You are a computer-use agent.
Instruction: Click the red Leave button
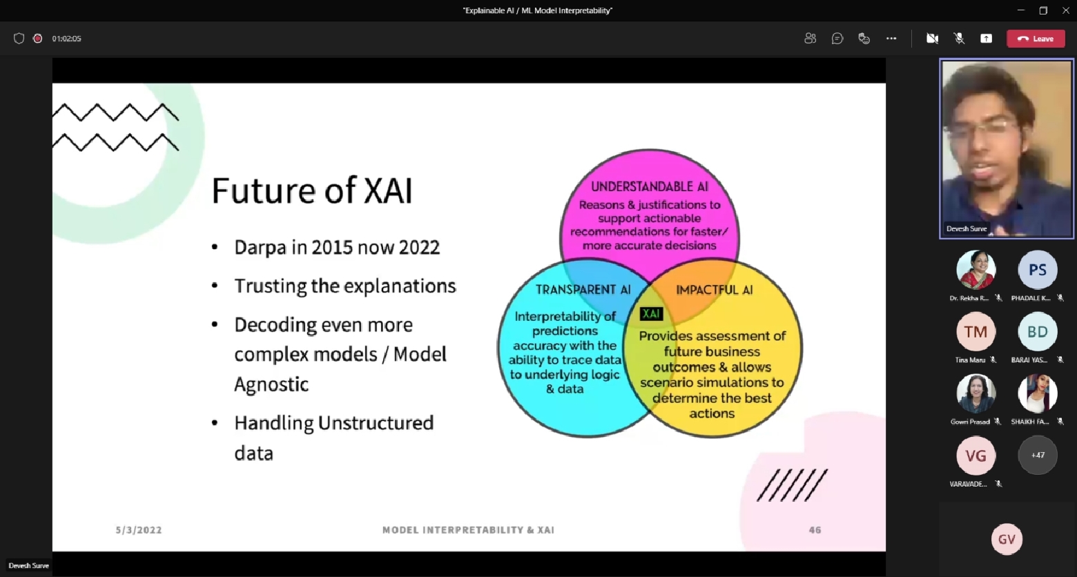(x=1036, y=39)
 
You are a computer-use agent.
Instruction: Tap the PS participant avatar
(x=1038, y=270)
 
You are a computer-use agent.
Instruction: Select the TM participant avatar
(x=976, y=332)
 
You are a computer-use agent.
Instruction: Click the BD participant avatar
(x=1038, y=332)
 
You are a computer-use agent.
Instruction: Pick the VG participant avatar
(x=976, y=456)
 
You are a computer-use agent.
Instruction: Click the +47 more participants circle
(x=1038, y=456)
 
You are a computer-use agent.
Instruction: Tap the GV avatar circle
(x=1007, y=539)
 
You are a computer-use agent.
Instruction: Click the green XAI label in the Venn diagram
(x=652, y=314)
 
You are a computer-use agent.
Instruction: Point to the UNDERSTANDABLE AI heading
(x=650, y=186)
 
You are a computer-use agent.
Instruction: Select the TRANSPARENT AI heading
(x=583, y=289)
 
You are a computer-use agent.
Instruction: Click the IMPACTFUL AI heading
(x=715, y=290)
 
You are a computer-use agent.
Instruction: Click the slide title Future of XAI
(x=312, y=190)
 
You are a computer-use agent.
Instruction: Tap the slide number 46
(x=815, y=530)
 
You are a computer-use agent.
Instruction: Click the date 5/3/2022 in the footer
(x=139, y=530)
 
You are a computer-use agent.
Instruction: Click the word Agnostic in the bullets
(x=271, y=384)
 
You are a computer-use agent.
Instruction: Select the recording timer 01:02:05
(x=67, y=39)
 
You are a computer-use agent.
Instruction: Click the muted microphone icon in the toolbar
(x=959, y=39)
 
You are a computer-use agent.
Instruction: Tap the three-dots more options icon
(x=891, y=39)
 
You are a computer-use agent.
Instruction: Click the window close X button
(x=1065, y=10)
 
